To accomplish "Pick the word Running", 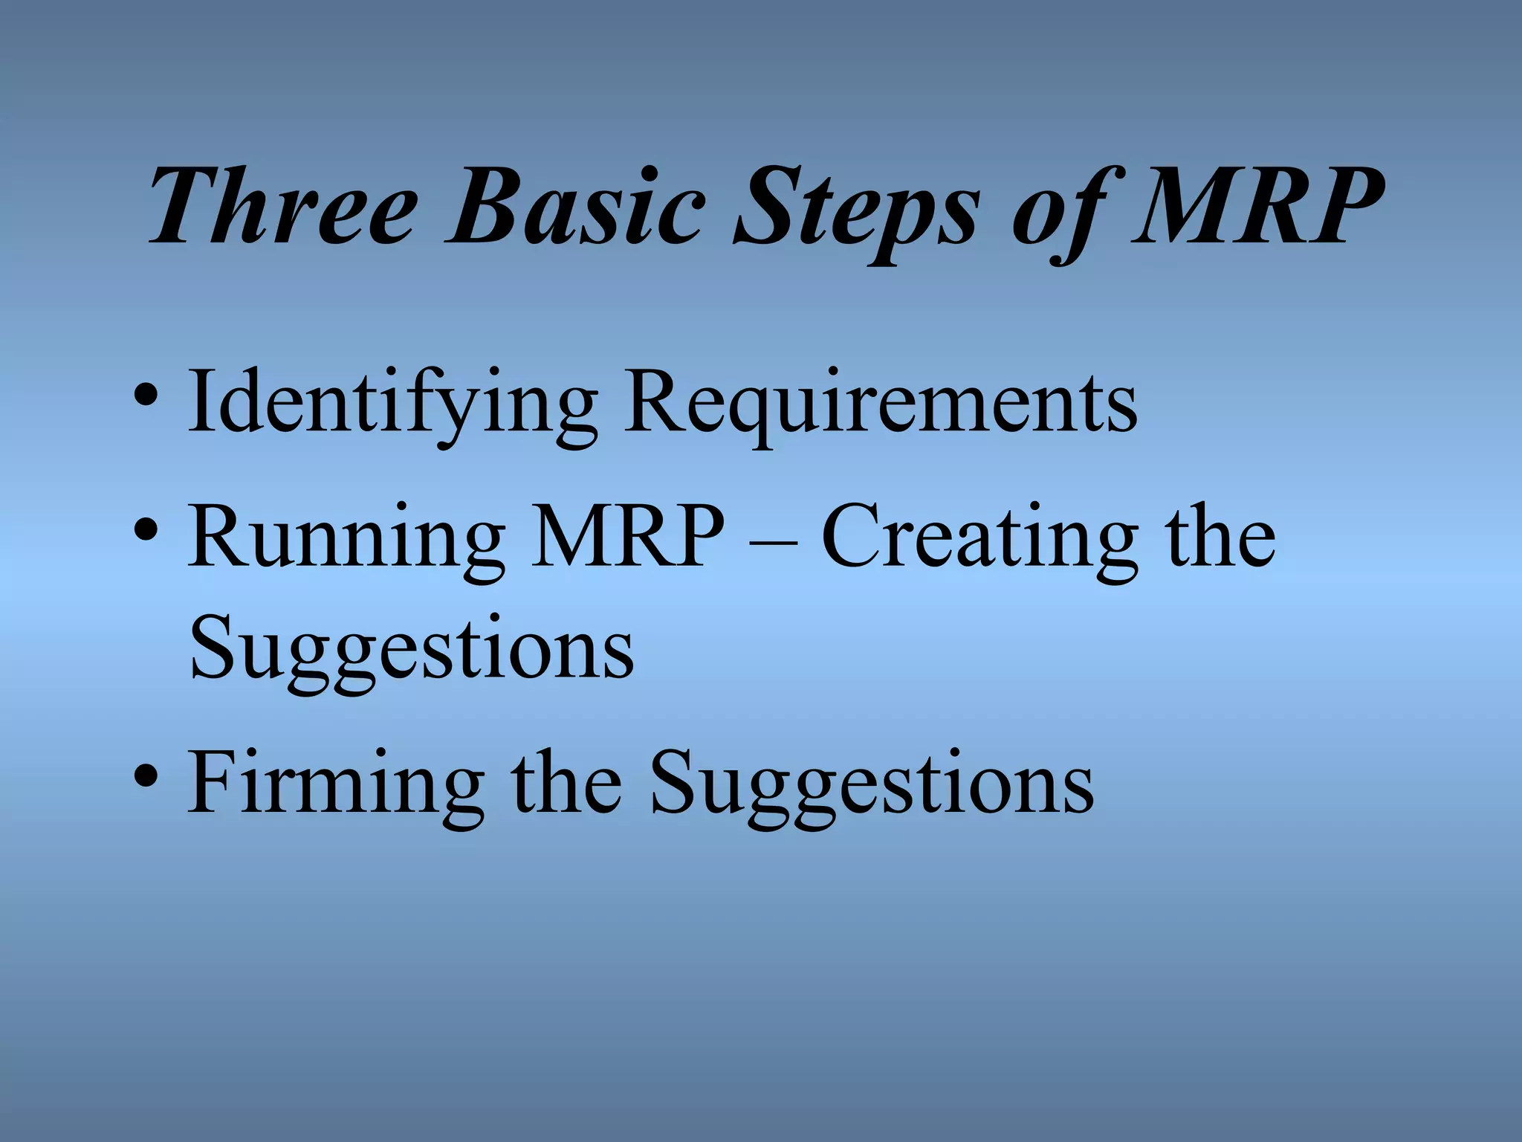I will [346, 539].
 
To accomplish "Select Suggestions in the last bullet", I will [871, 784].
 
